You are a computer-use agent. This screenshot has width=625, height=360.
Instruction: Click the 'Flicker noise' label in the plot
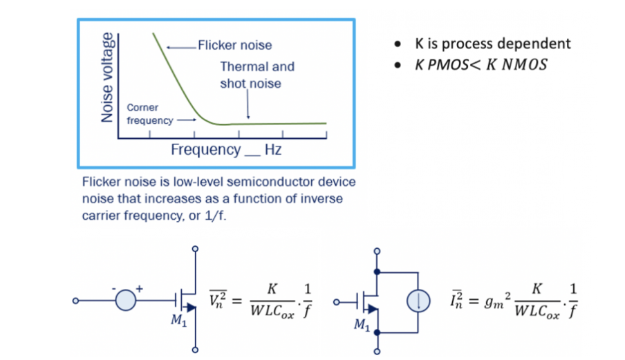(235, 45)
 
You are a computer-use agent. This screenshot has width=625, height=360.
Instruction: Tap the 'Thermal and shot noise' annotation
(257, 75)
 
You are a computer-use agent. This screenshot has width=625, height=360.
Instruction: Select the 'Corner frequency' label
(150, 114)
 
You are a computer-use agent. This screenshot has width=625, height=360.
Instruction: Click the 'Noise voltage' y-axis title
(107, 77)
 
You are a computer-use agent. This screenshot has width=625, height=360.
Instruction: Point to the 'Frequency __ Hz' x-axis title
(226, 150)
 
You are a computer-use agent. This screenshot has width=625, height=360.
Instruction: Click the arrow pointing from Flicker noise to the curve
(181, 48)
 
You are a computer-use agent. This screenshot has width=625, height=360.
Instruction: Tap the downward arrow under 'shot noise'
(248, 104)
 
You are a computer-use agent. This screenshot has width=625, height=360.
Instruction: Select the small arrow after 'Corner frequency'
(187, 120)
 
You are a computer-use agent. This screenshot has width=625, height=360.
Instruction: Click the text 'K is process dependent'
(493, 44)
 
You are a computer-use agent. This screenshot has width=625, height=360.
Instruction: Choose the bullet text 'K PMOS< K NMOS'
(481, 64)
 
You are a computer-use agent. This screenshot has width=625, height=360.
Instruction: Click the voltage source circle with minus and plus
(126, 301)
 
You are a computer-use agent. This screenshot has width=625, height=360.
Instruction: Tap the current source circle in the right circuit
(418, 301)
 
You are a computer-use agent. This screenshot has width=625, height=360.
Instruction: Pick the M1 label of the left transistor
(178, 320)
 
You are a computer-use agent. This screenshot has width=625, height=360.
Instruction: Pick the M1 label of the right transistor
(362, 325)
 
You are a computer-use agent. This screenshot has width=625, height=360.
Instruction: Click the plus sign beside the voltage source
(139, 289)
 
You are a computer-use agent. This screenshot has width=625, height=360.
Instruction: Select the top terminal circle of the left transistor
(195, 249)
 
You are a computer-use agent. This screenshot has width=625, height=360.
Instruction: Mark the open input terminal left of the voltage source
(75, 301)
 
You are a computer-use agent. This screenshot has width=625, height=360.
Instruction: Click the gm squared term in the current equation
(497, 301)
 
